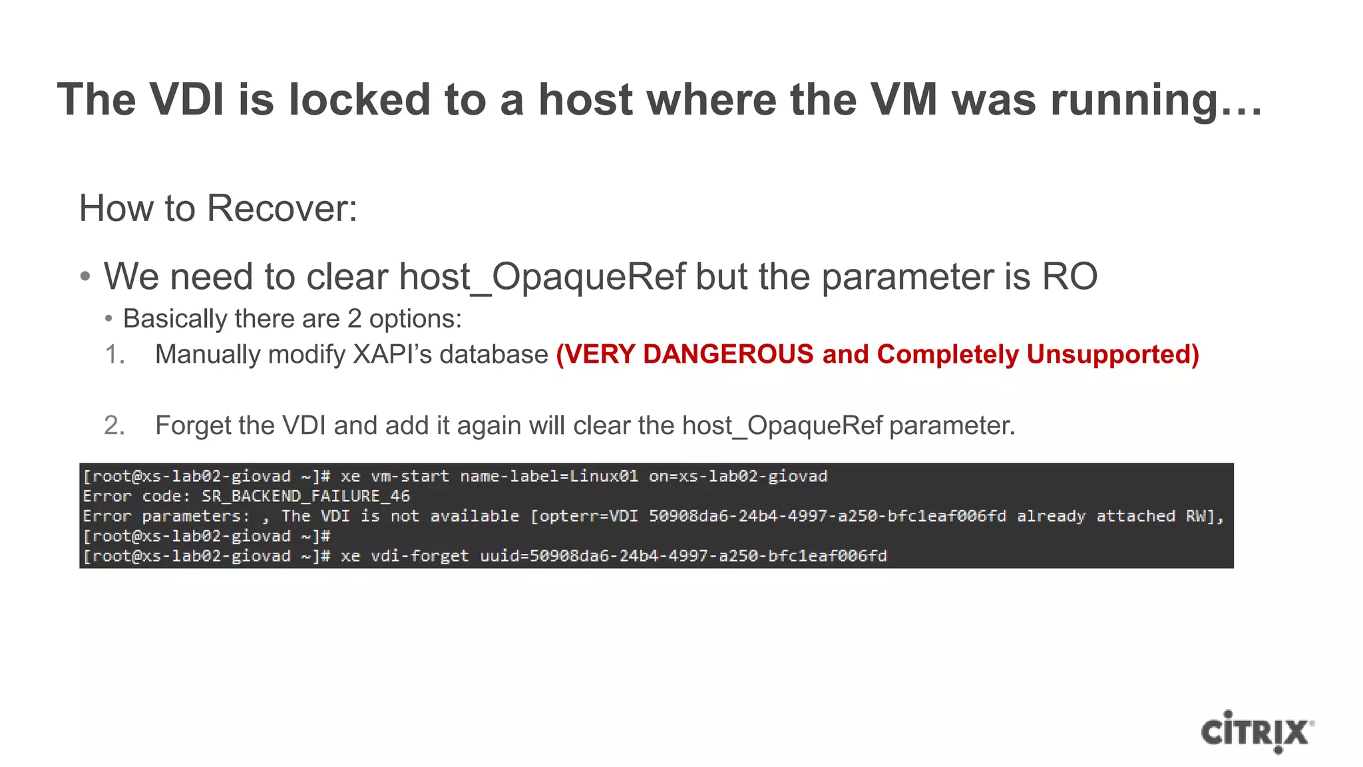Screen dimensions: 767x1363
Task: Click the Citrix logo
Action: click(x=1257, y=732)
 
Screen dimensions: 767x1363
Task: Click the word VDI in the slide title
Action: click(x=187, y=100)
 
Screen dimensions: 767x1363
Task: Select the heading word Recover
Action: click(x=282, y=208)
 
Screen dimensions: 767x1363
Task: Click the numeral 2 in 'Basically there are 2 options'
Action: click(x=354, y=319)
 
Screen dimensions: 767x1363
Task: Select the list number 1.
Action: click(x=115, y=354)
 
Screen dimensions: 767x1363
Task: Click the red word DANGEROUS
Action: click(x=728, y=354)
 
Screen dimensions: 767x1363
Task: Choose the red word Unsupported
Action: click(x=1112, y=354)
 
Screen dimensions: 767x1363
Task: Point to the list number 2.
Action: click(x=115, y=425)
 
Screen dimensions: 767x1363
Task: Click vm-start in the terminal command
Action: click(x=410, y=477)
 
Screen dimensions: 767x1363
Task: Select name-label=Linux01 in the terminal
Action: click(x=549, y=477)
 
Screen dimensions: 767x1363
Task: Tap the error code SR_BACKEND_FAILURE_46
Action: click(x=305, y=497)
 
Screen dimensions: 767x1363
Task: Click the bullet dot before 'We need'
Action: click(x=85, y=276)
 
